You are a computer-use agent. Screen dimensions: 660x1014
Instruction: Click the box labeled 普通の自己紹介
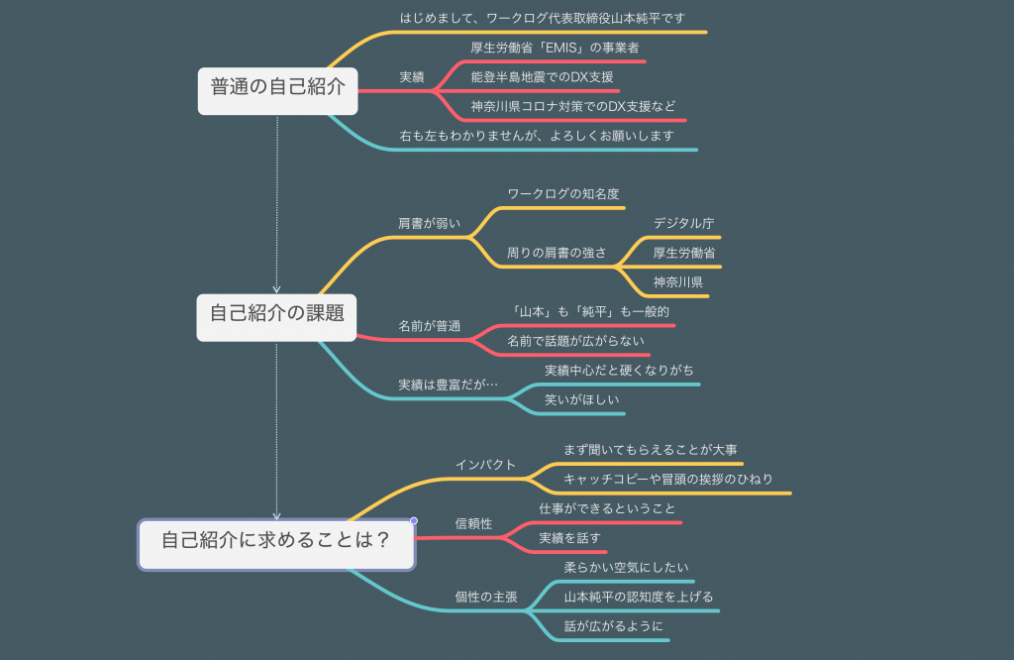coord(277,87)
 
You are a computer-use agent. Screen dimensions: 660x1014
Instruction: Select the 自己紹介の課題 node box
coord(276,313)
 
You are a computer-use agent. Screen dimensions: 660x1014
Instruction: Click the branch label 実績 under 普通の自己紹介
coord(412,77)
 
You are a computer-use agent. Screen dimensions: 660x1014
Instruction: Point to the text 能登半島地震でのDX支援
coord(542,77)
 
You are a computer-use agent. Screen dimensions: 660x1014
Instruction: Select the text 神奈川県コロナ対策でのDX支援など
coord(572,106)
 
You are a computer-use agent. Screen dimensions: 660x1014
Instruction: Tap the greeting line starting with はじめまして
coord(543,18)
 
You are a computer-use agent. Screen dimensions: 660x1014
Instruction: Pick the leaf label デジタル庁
coord(683,223)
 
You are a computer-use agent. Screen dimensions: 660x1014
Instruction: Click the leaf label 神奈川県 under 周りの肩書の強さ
coord(678,282)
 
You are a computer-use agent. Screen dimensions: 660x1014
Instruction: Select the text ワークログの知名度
coord(563,194)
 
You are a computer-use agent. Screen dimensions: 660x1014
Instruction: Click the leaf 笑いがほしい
coord(582,399)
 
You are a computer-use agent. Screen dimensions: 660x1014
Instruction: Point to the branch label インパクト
coord(485,465)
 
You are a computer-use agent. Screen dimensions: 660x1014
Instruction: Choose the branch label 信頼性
coord(473,523)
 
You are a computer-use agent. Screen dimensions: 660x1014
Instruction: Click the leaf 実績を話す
coord(569,538)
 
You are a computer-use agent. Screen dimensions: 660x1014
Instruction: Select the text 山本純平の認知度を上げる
coord(638,597)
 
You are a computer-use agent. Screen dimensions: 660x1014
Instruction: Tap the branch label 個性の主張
coord(486,598)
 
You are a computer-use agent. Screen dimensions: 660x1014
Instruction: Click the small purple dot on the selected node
coord(414,520)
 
